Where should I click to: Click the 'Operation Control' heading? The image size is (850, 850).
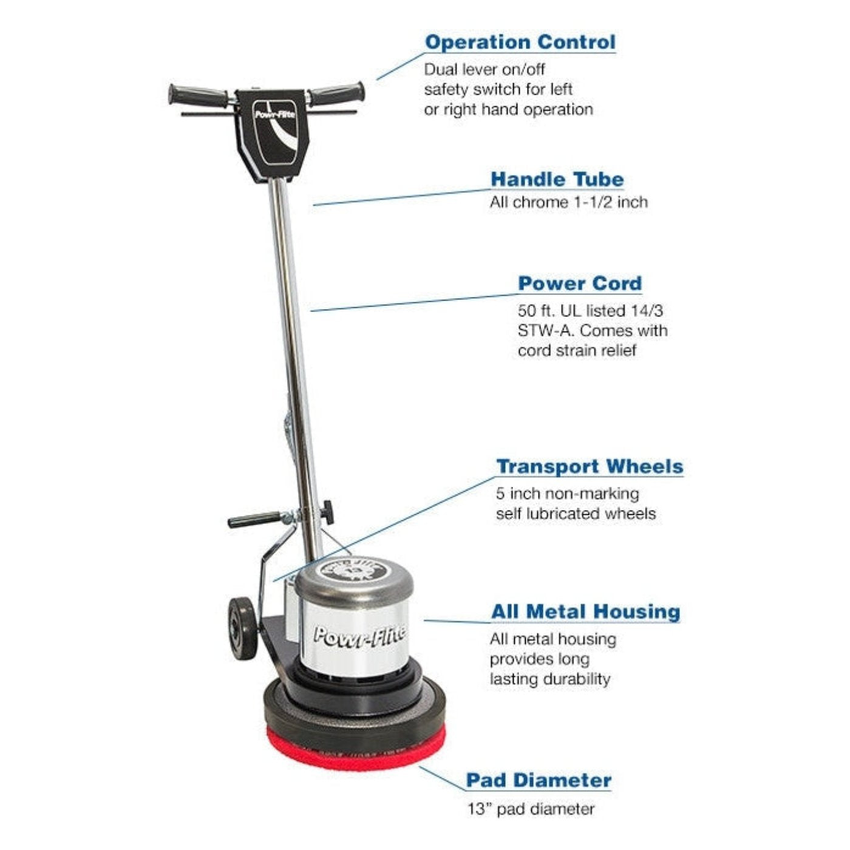coord(520,42)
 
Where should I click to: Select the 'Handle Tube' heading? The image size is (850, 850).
coord(557,179)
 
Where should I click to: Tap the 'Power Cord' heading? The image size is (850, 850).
coord(580,284)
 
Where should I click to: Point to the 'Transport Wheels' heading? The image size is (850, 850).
coord(590,466)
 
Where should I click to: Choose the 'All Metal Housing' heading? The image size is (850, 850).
coord(585,611)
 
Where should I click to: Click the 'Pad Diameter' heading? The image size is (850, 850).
coord(539,780)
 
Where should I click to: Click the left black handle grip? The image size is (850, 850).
coord(197,95)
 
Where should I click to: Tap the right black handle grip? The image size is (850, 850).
coord(336,93)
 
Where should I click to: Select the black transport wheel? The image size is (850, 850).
coord(242,628)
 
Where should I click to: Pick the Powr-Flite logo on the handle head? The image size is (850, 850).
coord(275,114)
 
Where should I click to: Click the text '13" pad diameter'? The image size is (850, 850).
coord(531,809)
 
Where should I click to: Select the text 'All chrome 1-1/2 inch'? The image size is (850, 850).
coord(568,202)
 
